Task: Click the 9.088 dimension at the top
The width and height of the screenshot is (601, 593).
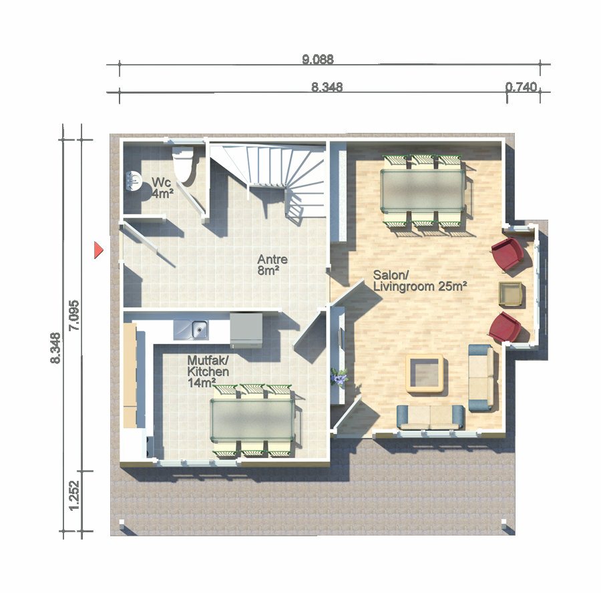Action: (318, 59)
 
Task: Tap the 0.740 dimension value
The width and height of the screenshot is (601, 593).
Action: (521, 87)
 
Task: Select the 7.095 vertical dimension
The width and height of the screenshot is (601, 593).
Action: (73, 315)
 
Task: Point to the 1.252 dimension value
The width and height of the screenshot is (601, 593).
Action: (73, 496)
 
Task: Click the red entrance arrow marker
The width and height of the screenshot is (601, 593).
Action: (99, 250)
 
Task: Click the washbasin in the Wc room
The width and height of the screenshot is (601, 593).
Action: (133, 181)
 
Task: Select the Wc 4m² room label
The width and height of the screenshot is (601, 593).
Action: (162, 188)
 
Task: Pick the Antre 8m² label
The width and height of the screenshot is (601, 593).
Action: (272, 264)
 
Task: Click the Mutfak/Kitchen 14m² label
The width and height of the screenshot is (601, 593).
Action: (208, 371)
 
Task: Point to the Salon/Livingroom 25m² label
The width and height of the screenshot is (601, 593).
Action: (420, 280)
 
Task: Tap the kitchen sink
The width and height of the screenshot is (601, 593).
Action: (191, 330)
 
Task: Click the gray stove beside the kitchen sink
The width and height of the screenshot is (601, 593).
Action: (246, 330)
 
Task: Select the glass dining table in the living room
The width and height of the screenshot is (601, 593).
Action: (423, 190)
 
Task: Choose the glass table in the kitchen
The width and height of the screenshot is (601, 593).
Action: (252, 420)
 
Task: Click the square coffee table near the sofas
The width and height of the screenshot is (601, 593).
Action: (425, 374)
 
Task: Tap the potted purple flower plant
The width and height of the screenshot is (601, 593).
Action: (339, 377)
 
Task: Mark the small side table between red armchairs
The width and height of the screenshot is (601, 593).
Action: (510, 294)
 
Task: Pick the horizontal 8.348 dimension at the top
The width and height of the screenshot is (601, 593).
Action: (327, 87)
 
